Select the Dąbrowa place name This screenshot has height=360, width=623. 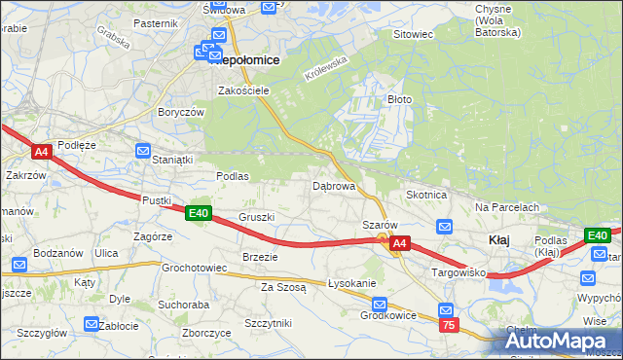[x=333, y=185]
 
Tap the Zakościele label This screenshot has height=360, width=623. [x=243, y=90]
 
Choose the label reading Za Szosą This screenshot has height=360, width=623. [x=283, y=287]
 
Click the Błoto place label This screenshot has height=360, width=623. [x=401, y=99]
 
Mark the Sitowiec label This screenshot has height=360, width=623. [x=412, y=34]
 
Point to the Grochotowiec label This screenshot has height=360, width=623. [x=194, y=267]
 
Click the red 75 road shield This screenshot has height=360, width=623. [x=448, y=326]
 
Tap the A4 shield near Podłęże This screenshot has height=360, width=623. [x=41, y=152]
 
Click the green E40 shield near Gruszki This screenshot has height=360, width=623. [x=199, y=213]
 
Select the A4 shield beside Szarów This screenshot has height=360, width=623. [x=399, y=245]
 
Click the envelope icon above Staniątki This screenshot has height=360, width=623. [x=144, y=151]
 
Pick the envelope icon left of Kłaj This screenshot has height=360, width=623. [x=445, y=227]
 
